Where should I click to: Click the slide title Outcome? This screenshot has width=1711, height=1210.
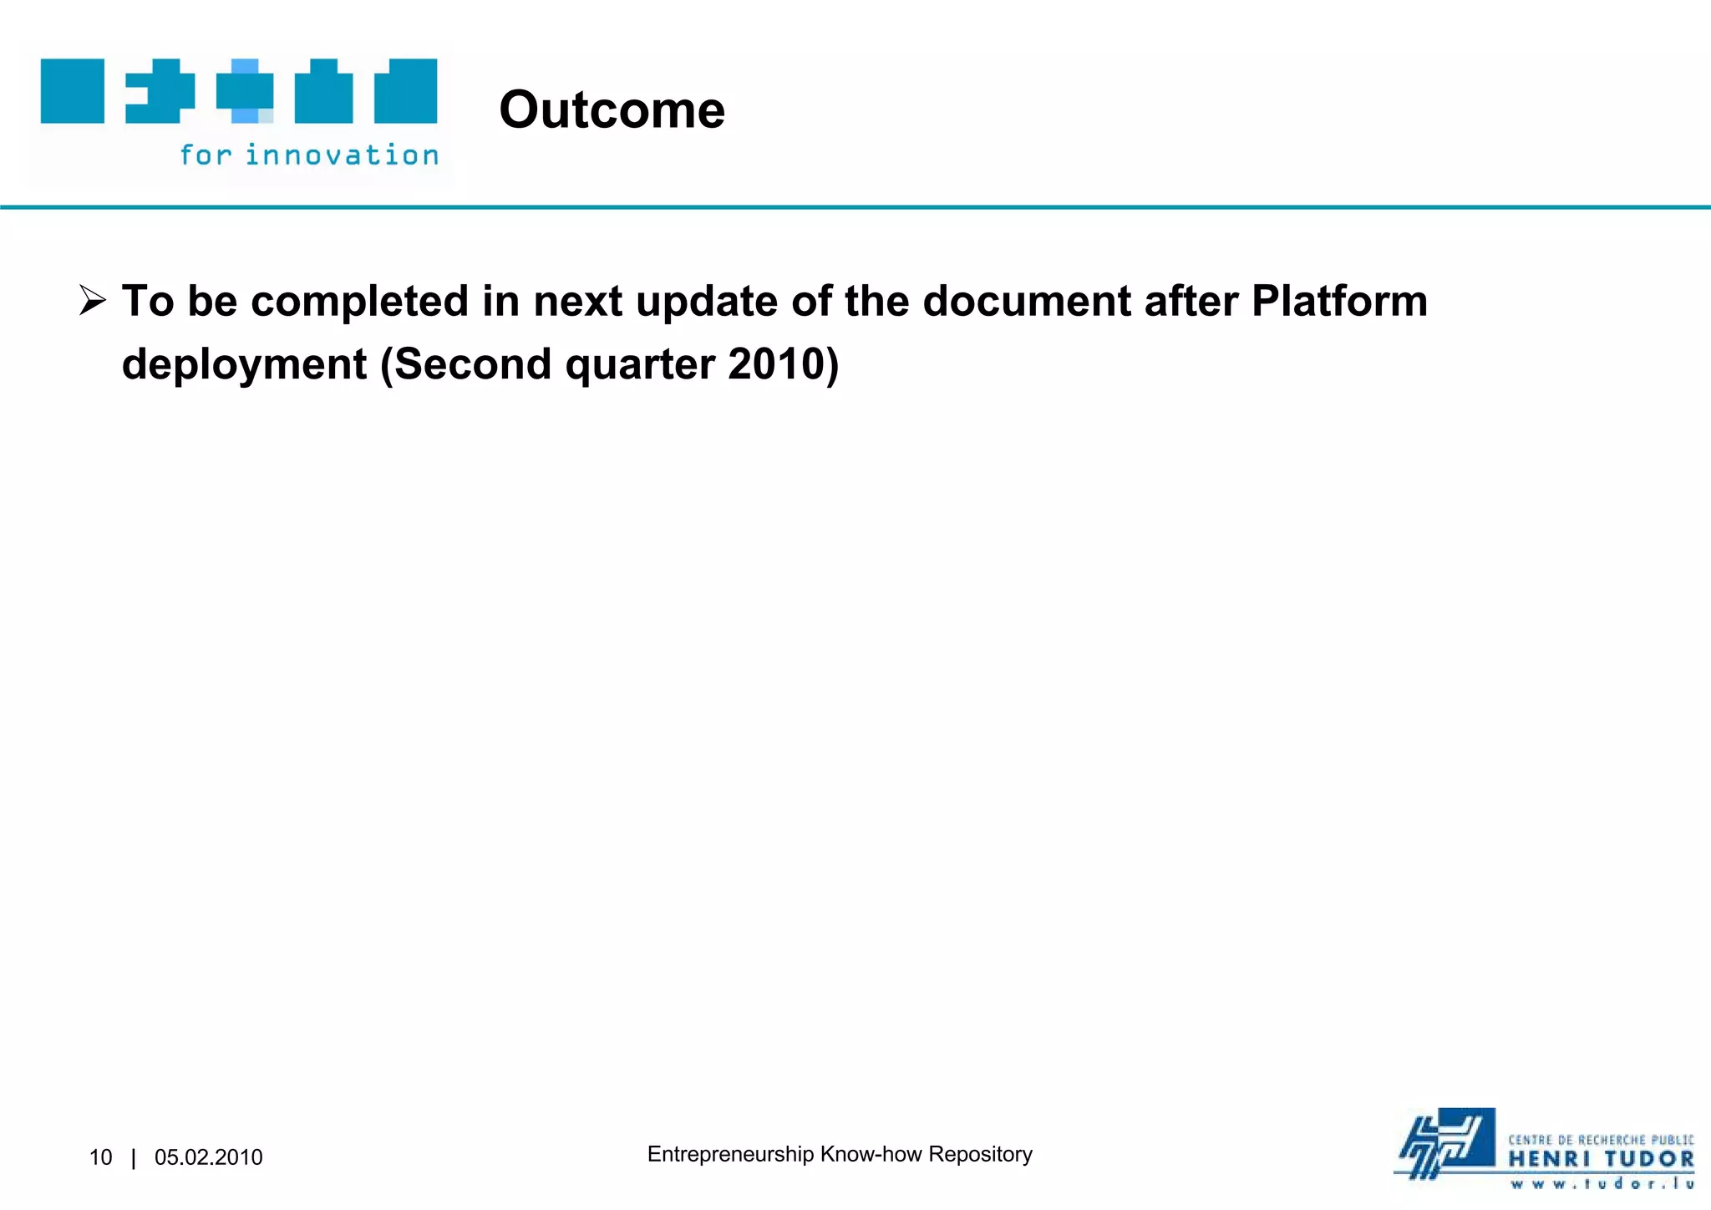click(612, 109)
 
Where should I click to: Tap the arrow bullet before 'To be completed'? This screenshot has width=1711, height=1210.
click(92, 300)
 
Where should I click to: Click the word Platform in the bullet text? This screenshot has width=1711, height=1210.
click(1339, 301)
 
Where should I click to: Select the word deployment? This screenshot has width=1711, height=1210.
click(244, 365)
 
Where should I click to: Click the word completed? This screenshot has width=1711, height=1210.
click(359, 301)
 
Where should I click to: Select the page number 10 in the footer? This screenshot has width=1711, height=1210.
click(100, 1157)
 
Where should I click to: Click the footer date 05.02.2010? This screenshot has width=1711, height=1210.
click(209, 1157)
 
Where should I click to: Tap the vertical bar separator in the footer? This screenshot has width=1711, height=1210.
click(134, 1157)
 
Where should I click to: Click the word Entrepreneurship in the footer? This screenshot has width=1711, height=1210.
click(730, 1154)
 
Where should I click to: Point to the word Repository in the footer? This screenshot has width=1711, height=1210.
click(980, 1154)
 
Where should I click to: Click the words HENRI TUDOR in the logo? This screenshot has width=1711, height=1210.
click(1601, 1160)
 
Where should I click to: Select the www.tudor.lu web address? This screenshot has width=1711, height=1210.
click(1601, 1183)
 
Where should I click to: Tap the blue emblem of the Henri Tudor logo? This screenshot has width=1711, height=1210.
click(1447, 1143)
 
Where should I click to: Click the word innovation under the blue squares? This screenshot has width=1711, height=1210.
click(342, 155)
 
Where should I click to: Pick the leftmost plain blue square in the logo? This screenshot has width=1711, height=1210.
click(73, 91)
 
